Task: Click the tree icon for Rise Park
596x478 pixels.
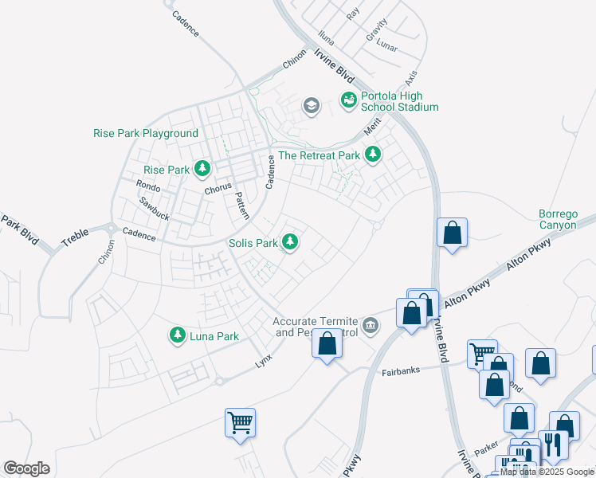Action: tap(203, 169)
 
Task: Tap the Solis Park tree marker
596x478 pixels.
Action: tap(292, 242)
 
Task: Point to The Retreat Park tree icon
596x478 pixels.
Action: tap(372, 155)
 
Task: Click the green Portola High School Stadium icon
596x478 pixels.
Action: tap(348, 100)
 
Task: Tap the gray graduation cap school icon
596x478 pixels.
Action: tap(311, 105)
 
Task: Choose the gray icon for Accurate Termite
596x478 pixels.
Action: tap(370, 325)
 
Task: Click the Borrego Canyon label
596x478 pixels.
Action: tap(556, 219)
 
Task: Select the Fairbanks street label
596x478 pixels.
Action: tap(400, 371)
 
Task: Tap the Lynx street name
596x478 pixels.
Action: tap(264, 361)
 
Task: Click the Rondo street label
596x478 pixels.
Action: tap(148, 186)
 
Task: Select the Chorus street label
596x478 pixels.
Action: tap(218, 188)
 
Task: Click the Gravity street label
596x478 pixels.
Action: tap(376, 29)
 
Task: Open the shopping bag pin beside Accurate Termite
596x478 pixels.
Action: tap(327, 343)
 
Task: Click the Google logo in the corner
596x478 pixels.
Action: tap(26, 468)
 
